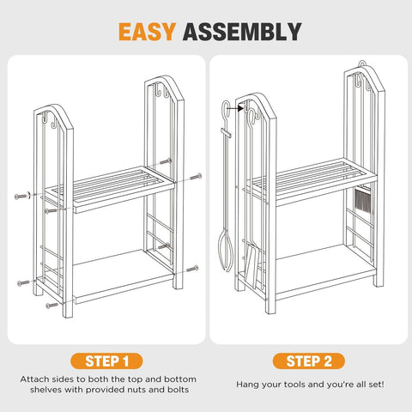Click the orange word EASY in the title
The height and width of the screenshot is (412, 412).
147,31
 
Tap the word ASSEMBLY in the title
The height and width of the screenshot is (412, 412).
242,31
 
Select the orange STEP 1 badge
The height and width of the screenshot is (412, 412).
106,361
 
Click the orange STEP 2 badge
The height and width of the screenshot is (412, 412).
309,361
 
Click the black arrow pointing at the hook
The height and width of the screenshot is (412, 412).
236,108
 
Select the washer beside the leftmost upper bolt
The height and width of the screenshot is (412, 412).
29,196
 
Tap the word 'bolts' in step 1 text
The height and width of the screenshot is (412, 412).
178,390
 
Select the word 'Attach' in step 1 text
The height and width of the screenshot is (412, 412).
33,379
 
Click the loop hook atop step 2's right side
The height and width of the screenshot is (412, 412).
362,64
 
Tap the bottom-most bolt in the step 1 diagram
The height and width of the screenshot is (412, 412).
51,306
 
